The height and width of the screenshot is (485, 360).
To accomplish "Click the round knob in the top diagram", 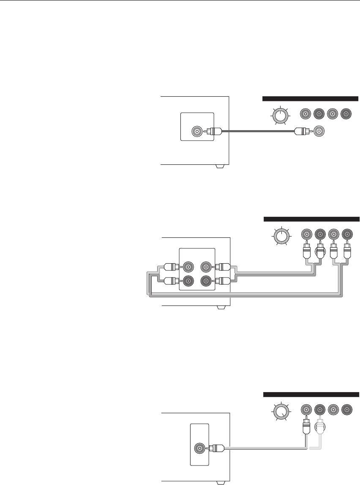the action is tap(279, 115).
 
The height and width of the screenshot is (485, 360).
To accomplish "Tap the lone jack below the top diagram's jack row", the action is tap(320, 131).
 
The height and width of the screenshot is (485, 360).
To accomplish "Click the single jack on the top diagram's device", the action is tap(197, 131).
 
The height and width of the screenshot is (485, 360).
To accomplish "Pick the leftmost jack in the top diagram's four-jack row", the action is tap(305, 114).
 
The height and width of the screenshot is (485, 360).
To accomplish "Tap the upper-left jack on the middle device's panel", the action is tap(187, 267).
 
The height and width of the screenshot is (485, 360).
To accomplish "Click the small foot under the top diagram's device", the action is tap(219, 166).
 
